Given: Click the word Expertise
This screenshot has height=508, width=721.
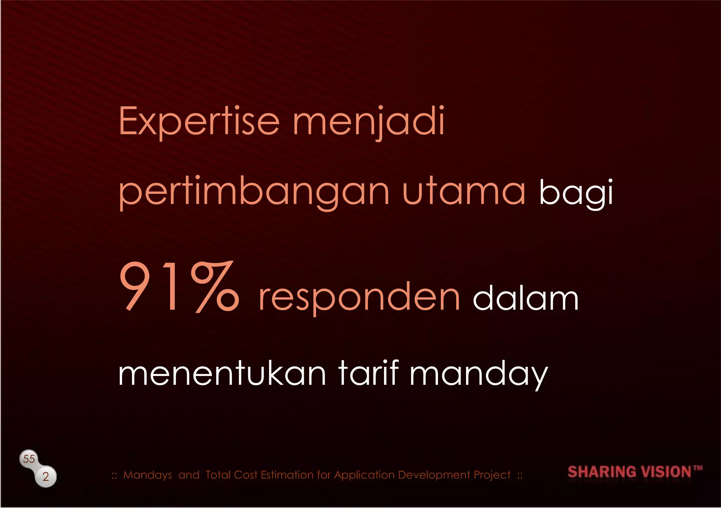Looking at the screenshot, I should pyautogui.click(x=199, y=121).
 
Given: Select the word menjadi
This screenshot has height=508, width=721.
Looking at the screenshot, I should pyautogui.click(x=369, y=121).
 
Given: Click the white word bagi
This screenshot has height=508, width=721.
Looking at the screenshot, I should pyautogui.click(x=576, y=193).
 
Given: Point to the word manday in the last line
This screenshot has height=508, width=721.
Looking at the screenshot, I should pyautogui.click(x=478, y=375).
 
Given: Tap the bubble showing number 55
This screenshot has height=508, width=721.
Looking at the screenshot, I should pyautogui.click(x=29, y=459).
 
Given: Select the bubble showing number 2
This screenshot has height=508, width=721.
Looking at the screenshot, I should pyautogui.click(x=46, y=477).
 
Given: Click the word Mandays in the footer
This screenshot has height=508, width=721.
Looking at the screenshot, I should pyautogui.click(x=148, y=475).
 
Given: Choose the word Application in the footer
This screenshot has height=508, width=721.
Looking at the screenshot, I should pyautogui.click(x=365, y=475).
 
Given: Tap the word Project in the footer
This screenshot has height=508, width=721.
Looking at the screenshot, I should pyautogui.click(x=492, y=475).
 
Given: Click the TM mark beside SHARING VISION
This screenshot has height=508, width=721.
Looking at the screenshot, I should pyautogui.click(x=698, y=468).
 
